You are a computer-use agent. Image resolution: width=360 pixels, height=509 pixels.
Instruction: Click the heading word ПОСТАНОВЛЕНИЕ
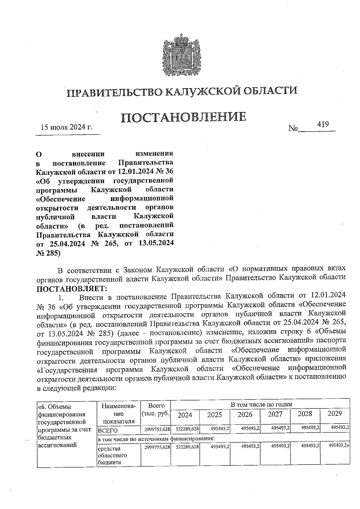point(184,117)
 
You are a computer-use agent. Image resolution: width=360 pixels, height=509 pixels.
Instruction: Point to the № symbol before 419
point(293,128)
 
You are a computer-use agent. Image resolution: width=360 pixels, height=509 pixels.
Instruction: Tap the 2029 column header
point(335,414)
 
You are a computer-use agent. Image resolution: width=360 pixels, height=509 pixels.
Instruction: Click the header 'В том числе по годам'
point(261,405)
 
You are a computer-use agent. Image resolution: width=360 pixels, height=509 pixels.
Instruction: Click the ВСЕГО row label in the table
point(107,430)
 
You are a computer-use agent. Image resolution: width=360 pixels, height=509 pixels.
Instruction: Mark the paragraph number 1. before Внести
point(61,298)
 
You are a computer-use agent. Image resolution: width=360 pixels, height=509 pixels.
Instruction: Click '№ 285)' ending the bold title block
point(48,253)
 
